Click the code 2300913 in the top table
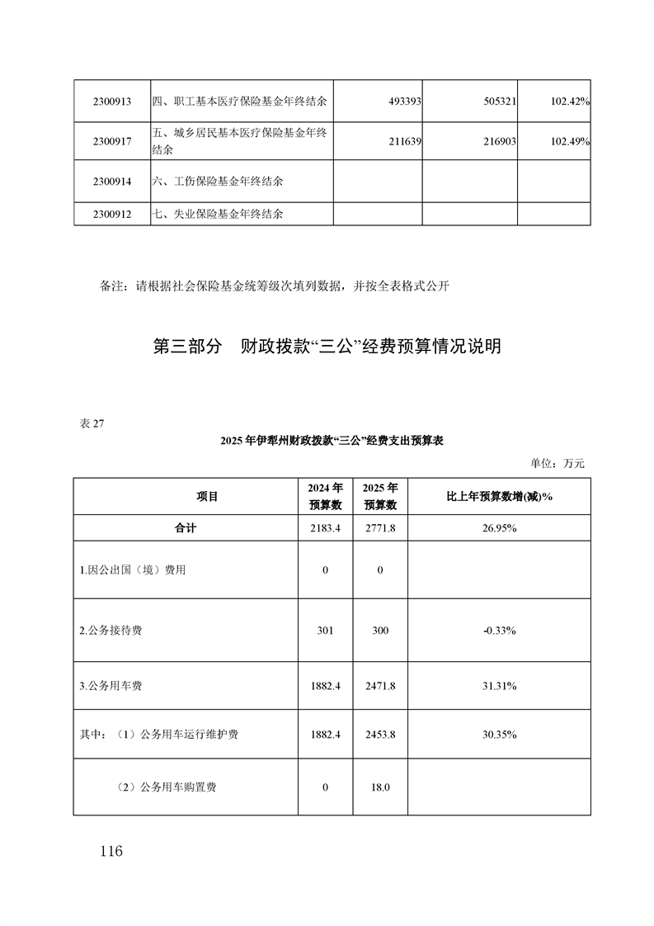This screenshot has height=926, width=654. tap(112, 102)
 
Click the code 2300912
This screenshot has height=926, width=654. tap(112, 214)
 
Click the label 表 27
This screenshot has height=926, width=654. tap(90, 423)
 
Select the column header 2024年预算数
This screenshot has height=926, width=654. tap(325, 496)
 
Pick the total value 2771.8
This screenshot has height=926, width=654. tap(380, 527)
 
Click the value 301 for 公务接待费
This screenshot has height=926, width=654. tap(325, 631)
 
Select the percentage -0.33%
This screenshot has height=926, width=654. tap(499, 631)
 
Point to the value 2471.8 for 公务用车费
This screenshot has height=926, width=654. tap(380, 685)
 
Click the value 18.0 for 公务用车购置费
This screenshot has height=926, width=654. tap(380, 787)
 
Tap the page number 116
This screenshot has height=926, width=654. tap(108, 851)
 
